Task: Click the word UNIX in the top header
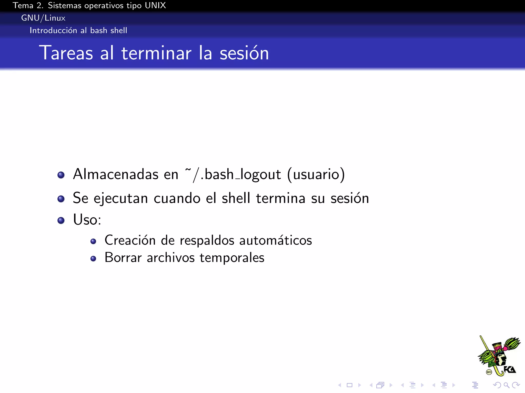(155, 5)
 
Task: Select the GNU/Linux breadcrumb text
(43, 18)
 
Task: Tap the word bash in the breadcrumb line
(99, 30)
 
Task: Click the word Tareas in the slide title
(66, 53)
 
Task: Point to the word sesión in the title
(244, 53)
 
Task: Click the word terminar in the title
(156, 53)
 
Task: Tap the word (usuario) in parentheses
(316, 174)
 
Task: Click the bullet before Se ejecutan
(61, 199)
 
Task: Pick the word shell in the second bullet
(236, 198)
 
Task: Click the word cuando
(177, 198)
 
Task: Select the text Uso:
(87, 220)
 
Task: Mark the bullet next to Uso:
(61, 220)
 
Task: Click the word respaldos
(207, 241)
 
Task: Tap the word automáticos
(276, 241)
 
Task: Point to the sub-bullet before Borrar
(93, 259)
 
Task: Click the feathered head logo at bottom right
(499, 356)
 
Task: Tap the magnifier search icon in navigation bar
(506, 385)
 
